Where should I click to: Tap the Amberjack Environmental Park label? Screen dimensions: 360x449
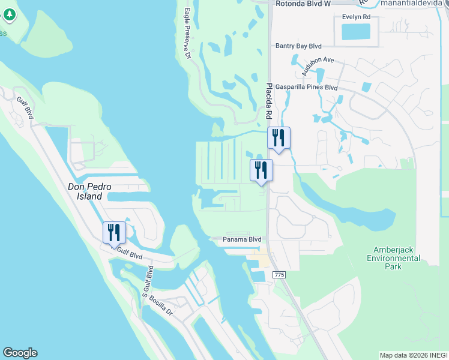(396, 258)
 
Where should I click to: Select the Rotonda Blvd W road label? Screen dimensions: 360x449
(303, 4)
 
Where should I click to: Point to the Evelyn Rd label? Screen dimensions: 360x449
(357, 17)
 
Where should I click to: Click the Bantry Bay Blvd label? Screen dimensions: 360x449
(298, 46)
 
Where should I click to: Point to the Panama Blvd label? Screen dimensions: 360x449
(243, 239)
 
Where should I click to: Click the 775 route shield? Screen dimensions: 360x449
(279, 274)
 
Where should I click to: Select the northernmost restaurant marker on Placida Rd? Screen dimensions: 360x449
(279, 137)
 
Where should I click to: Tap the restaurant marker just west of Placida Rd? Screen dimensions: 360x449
(261, 170)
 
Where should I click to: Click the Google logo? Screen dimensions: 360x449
(20, 353)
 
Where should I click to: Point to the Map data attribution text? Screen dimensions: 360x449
(413, 355)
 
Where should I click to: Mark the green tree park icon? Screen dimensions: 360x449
(3, 33)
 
